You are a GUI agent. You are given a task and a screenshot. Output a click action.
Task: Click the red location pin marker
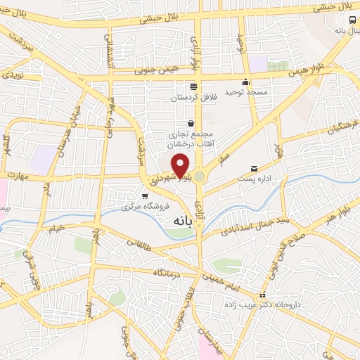pyautogui.click(x=181, y=166)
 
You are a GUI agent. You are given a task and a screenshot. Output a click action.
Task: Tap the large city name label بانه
pyautogui.click(x=179, y=221)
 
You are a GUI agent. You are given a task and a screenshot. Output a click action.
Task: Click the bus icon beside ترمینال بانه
pyautogui.click(x=352, y=20)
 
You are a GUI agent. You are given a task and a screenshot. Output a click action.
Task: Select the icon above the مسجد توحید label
pyautogui.click(x=245, y=81)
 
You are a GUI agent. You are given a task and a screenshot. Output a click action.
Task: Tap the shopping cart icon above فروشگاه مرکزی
pyautogui.click(x=145, y=196)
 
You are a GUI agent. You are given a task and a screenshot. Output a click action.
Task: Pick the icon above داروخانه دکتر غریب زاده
pyautogui.click(x=263, y=295)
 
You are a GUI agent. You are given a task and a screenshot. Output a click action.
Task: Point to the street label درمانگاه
pyautogui.click(x=169, y=271)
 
